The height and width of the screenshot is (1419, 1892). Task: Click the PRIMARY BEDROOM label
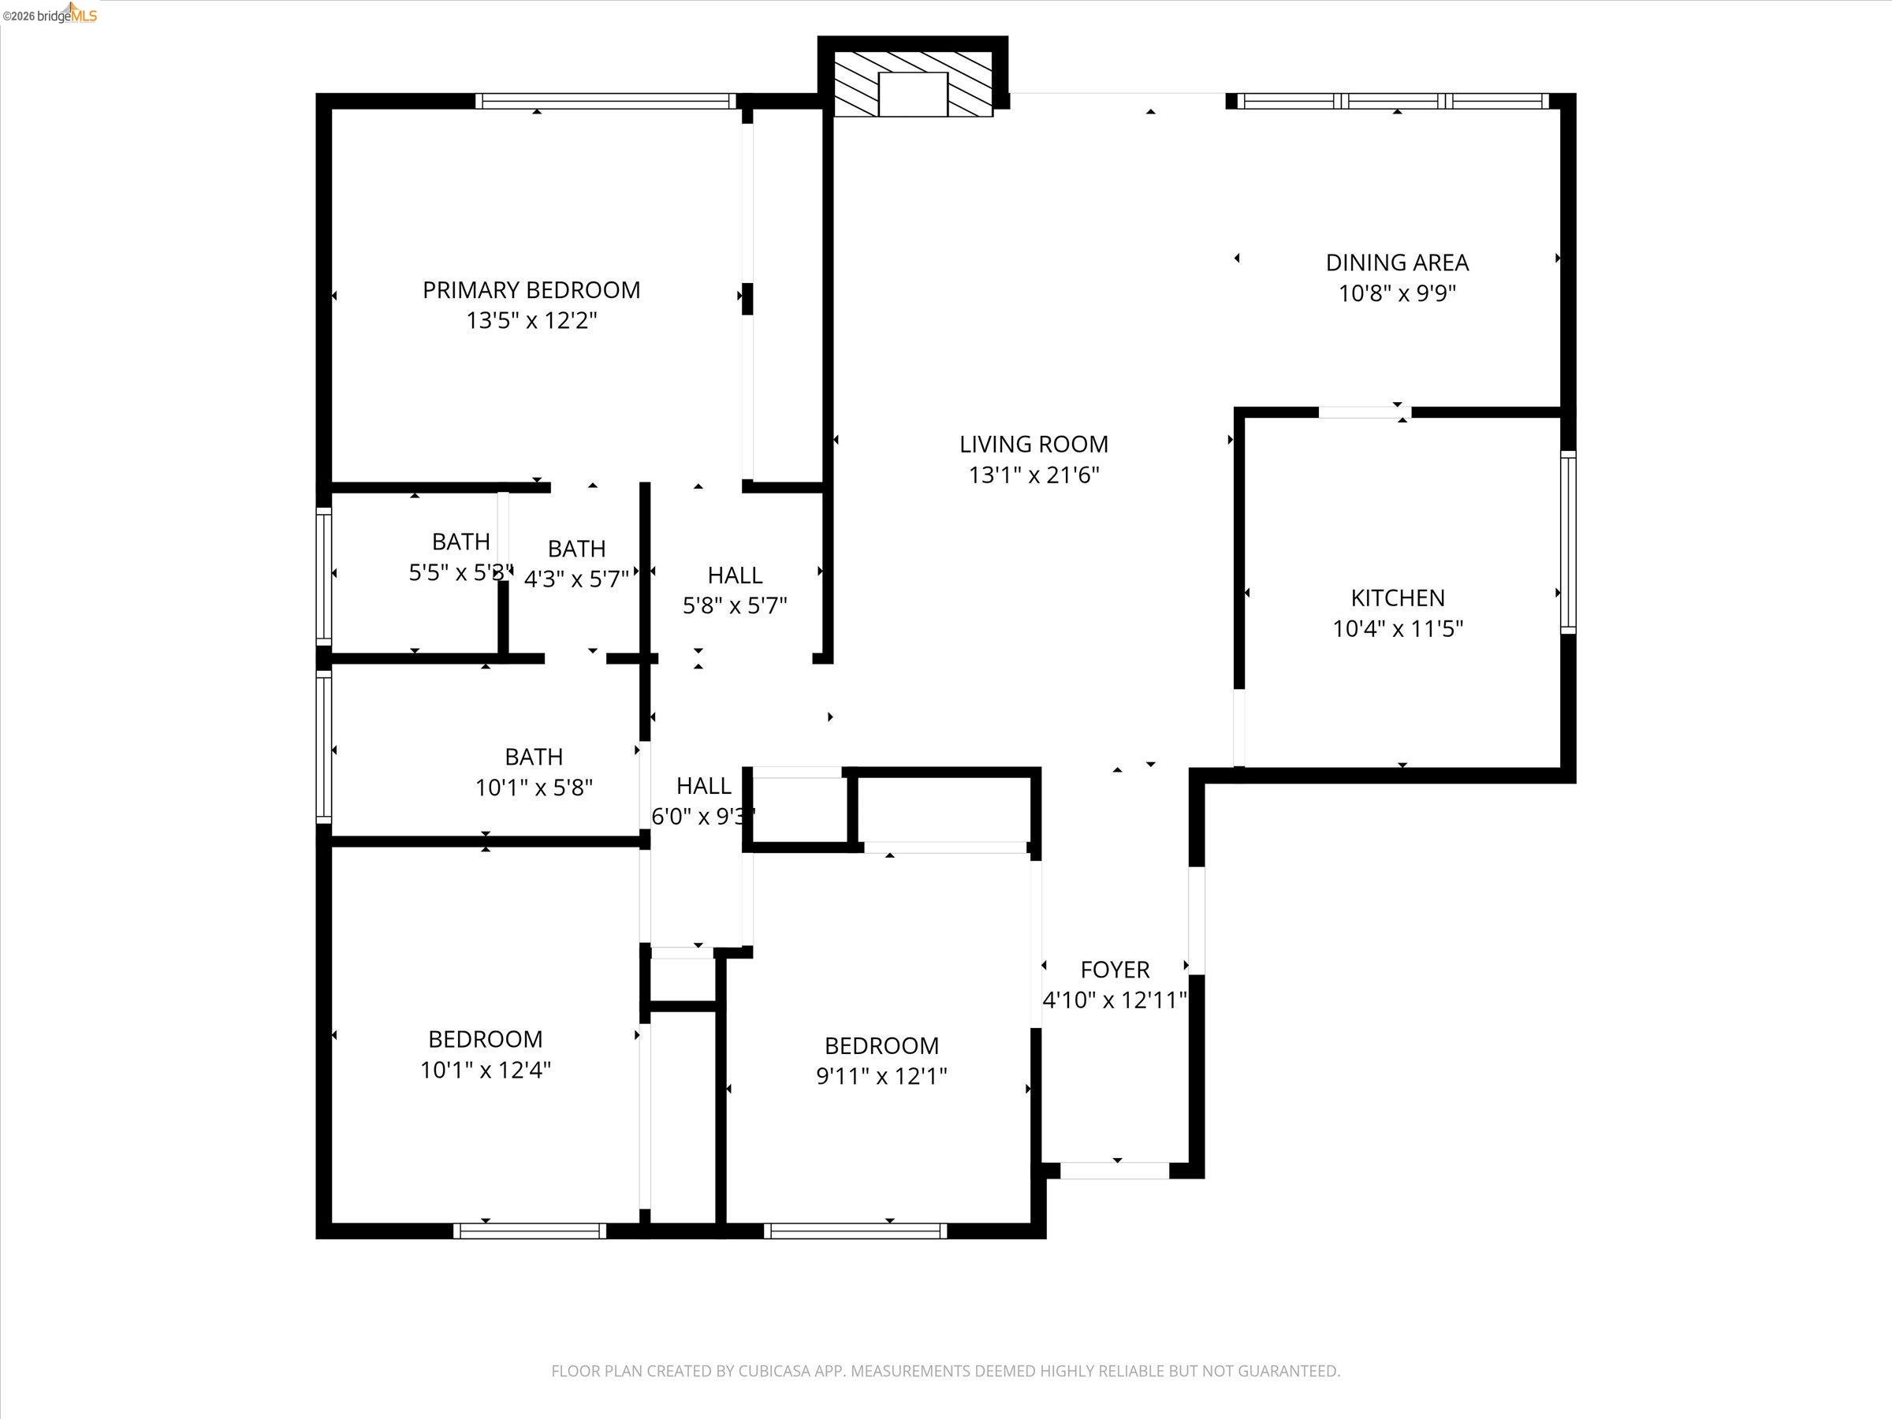531,290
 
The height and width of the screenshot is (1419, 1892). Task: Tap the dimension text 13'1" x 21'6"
1034,475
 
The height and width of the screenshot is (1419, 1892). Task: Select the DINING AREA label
1397,263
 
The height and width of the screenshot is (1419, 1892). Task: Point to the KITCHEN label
1397,598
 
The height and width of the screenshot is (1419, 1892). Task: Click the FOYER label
1115,969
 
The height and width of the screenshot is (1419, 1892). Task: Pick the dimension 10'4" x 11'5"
1397,628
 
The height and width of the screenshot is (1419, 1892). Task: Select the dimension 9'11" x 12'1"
881,1076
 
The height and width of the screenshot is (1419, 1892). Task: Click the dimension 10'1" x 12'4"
485,1070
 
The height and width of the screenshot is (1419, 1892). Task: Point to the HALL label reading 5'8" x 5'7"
735,575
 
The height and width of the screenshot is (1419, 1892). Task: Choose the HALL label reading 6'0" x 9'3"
703,785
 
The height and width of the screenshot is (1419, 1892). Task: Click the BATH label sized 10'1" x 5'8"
534,757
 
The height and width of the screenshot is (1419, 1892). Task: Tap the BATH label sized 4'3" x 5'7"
576,548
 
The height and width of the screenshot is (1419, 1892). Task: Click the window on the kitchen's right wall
1567,542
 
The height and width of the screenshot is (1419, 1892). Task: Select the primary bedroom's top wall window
605,101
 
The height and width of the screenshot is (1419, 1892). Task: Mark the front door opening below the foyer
1115,1171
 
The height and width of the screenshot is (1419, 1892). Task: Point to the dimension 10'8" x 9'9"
1397,293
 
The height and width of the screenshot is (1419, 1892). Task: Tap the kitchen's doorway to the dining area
1363,412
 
